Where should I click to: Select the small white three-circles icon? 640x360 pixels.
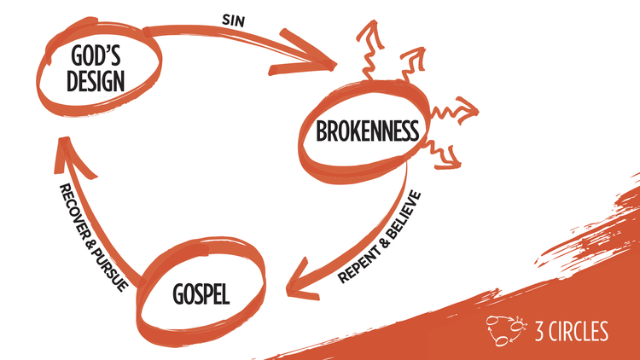(503, 329)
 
